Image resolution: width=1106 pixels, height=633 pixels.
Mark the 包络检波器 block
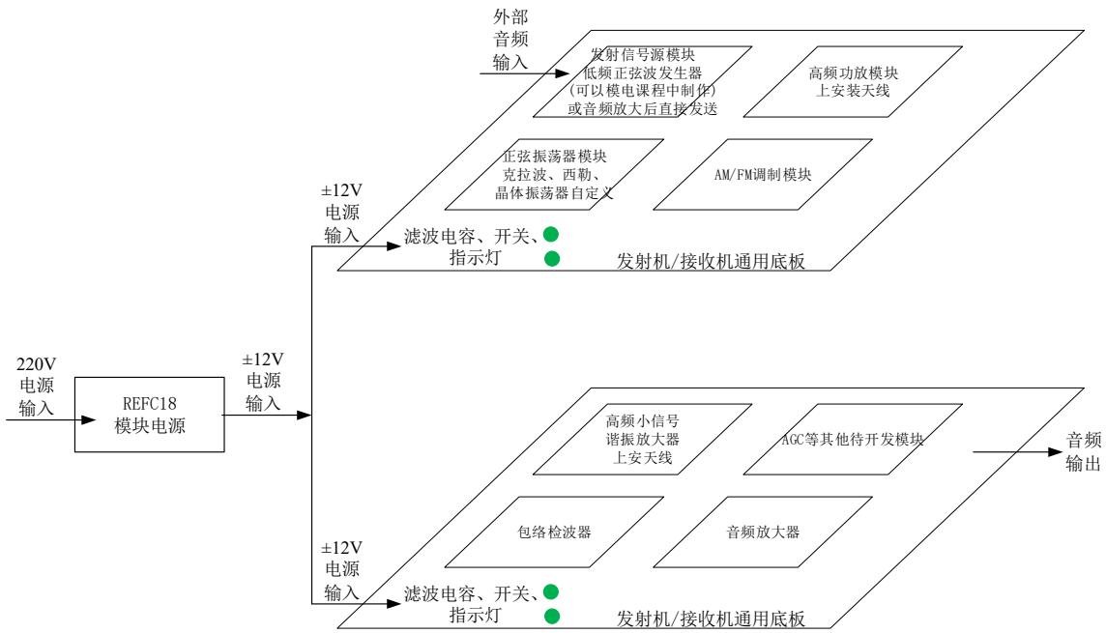click(549, 532)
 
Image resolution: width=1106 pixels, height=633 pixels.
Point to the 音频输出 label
click(1083, 451)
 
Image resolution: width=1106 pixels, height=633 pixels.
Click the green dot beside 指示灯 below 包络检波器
click(551, 617)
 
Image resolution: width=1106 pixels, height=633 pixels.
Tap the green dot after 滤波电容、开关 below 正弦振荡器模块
click(551, 234)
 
